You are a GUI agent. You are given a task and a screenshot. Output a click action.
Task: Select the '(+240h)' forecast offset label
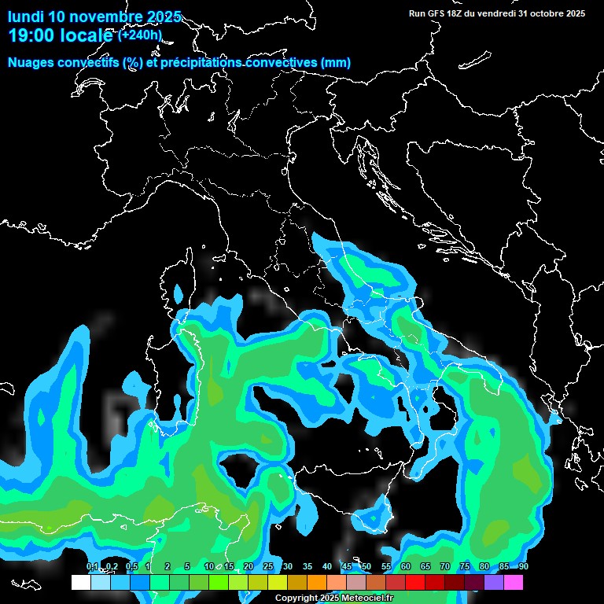pos(139,35)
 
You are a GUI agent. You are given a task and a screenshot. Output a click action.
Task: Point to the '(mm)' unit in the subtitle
pos(336,63)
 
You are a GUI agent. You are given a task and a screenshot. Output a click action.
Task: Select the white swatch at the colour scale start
pos(80,582)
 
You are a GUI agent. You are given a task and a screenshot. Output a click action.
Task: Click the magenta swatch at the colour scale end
pos(514,582)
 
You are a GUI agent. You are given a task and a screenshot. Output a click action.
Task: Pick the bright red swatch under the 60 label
pos(415,582)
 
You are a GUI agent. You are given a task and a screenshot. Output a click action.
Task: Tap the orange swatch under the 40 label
pos(316,582)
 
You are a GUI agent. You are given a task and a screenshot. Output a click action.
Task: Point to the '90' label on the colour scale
pos(524,566)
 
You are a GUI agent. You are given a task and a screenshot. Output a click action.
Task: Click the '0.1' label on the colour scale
pos(92,566)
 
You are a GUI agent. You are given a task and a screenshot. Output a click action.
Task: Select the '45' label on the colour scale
pos(347,566)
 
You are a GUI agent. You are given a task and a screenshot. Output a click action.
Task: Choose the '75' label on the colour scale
pos(465,566)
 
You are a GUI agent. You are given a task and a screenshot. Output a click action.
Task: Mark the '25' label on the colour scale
pos(268,566)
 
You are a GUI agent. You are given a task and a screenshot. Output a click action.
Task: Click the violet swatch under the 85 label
pos(494,582)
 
